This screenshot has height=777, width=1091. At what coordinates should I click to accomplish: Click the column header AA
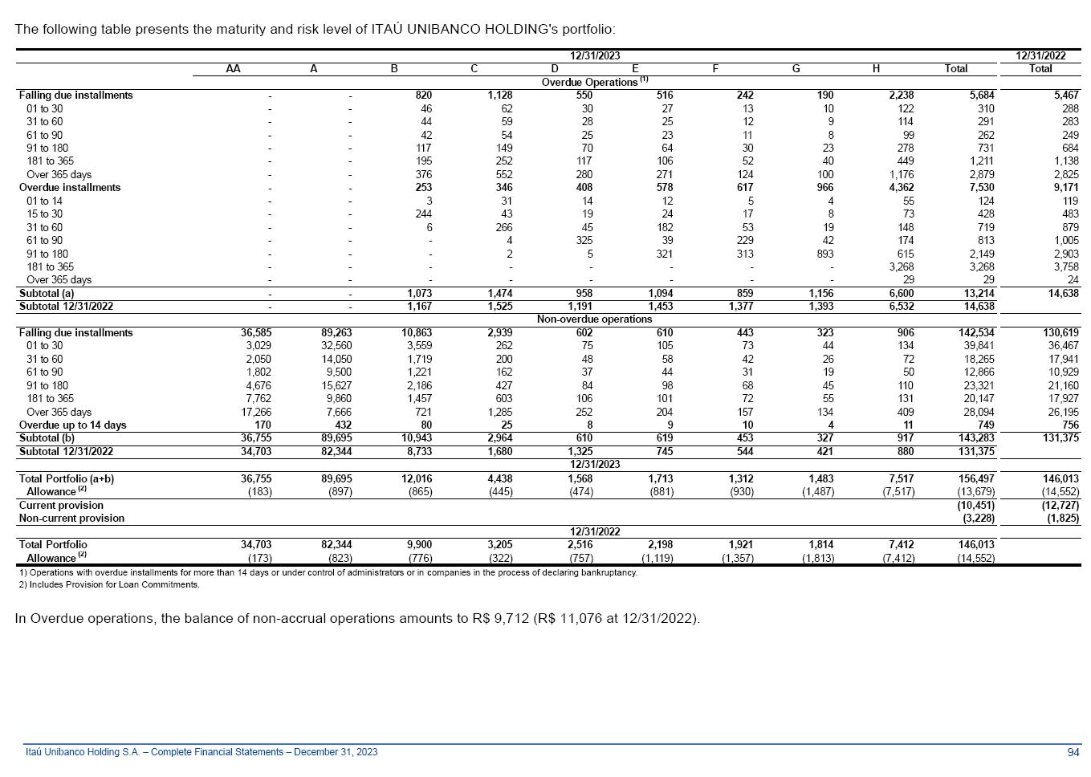click(233, 69)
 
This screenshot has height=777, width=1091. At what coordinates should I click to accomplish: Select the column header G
click(796, 69)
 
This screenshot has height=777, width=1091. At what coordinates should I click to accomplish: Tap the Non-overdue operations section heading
click(594, 319)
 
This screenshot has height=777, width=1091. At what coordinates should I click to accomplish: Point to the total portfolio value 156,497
click(975, 478)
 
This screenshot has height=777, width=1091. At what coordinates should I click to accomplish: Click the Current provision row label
click(61, 505)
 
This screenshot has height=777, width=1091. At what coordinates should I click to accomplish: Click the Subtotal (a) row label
click(47, 293)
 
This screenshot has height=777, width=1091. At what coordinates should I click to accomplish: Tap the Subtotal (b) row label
click(47, 438)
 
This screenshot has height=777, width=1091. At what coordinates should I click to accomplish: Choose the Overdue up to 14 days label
click(72, 425)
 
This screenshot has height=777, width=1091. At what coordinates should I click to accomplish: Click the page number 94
click(1073, 752)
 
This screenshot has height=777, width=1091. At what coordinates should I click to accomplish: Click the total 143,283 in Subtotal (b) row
click(975, 438)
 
